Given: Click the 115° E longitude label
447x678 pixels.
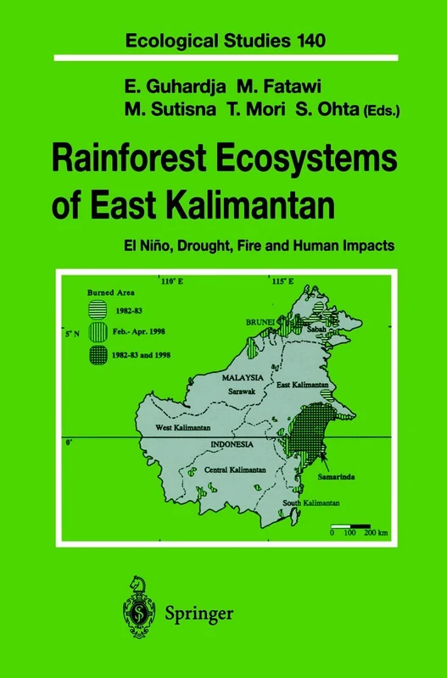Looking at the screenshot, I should [282, 281].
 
